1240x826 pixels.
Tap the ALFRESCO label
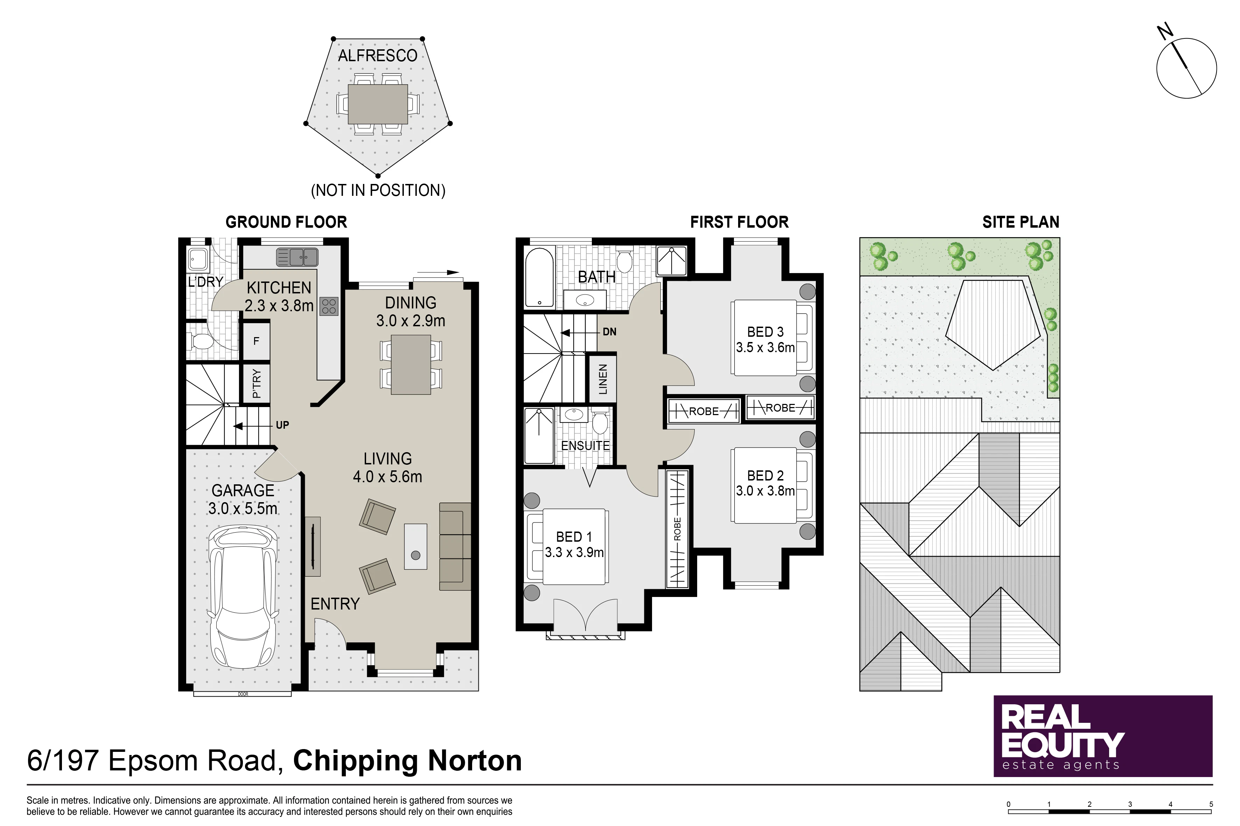pyautogui.click(x=378, y=55)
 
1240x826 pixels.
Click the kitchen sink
pyautogui.click(x=297, y=257)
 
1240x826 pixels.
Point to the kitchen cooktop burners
pyautogui.click(x=329, y=306)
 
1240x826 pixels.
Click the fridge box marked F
pyautogui.click(x=256, y=341)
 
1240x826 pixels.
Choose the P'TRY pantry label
pyautogui.click(x=256, y=384)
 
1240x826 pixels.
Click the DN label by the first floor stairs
pyautogui.click(x=609, y=332)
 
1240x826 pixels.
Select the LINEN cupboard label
pyautogui.click(x=603, y=379)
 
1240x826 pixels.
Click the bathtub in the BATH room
pyautogui.click(x=539, y=277)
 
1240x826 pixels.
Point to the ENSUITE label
pyautogui.click(x=585, y=446)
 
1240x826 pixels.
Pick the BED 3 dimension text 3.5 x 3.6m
pyautogui.click(x=765, y=348)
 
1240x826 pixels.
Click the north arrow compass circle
pyautogui.click(x=1186, y=68)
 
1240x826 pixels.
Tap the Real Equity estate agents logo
pyautogui.click(x=1103, y=736)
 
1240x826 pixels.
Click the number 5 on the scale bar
pyautogui.click(x=1211, y=804)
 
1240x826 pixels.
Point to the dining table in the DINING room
pyautogui.click(x=411, y=364)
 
